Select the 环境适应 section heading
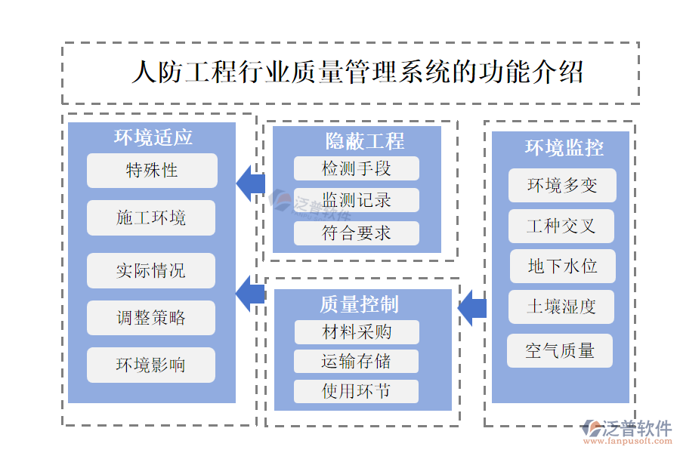coord(153,137)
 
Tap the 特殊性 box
coord(152,171)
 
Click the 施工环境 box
coord(151,218)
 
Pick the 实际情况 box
coord(151,270)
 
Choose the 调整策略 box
coord(151,318)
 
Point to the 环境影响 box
coord(151,365)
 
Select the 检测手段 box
coord(357,168)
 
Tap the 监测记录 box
coord(357,200)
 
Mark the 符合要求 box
coord(357,233)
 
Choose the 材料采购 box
coord(357,331)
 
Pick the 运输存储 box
coord(357,361)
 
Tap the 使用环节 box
coord(357,391)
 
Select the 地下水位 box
coord(562,266)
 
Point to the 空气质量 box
coord(560,350)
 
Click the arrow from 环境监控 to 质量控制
coord(472,307)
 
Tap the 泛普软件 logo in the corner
coord(629,431)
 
